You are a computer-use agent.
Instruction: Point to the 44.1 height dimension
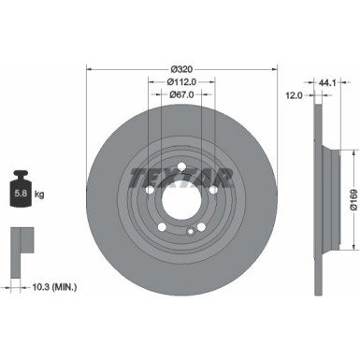[326, 82]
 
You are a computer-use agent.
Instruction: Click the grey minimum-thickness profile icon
[22, 242]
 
